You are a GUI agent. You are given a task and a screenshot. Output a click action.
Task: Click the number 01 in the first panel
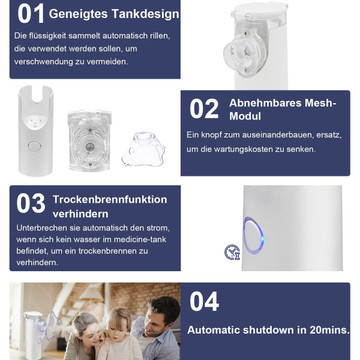pos(31,14)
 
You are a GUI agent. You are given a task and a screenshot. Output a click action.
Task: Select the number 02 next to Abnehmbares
pos(204,109)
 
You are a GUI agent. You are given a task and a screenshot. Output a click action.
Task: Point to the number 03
pos(31,203)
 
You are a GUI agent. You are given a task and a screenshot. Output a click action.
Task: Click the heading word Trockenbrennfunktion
pos(110,199)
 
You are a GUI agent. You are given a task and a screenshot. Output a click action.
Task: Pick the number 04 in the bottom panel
pos(204,301)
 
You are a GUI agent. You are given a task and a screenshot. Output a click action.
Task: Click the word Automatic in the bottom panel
pos(213,330)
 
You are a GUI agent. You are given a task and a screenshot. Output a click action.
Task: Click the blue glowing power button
pos(253,235)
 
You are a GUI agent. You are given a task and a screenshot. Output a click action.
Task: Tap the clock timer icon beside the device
pos(232,252)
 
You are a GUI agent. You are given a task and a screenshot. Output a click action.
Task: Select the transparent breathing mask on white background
pos(143,150)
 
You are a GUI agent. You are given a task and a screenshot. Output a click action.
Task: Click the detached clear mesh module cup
pos(89,140)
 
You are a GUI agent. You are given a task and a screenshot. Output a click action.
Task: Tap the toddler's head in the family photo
pos(118,323)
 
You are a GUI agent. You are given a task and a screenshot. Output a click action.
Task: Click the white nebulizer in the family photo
pos(34,334)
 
